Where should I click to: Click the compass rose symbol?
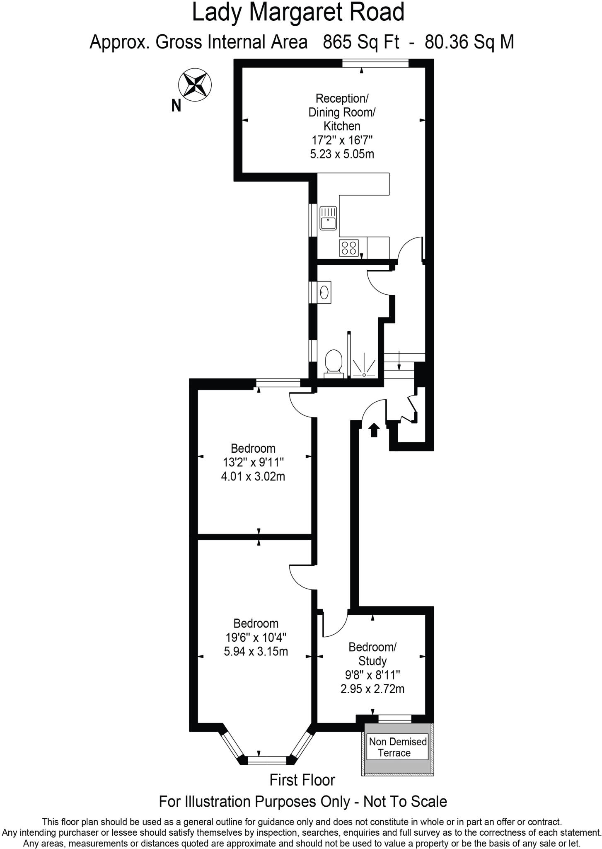195,85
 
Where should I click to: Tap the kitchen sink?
329,218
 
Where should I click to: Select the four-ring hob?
348,247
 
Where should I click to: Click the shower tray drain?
364,375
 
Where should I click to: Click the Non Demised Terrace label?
397,747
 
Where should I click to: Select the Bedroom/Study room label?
372,654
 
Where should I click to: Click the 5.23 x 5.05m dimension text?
342,154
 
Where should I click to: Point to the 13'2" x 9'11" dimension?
253,462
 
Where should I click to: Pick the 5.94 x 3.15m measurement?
256,652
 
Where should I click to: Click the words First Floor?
302,780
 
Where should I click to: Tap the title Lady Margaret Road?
298,12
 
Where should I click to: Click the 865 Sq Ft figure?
361,42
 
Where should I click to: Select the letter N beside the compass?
176,106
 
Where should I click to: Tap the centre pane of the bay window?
267,760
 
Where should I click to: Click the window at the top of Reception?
375,63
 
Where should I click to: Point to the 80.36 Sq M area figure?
469,42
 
